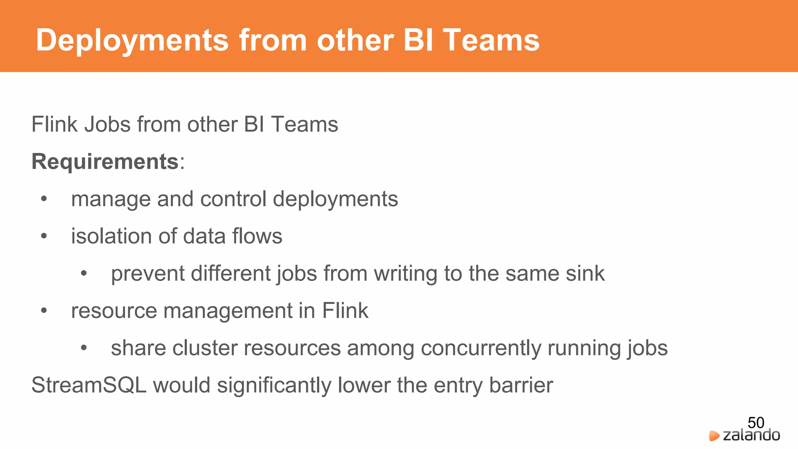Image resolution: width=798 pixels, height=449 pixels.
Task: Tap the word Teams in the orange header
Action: [x=491, y=40]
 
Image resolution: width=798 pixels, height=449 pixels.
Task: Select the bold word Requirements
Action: [x=105, y=161]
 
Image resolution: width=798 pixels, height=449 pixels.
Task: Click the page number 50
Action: [x=756, y=422]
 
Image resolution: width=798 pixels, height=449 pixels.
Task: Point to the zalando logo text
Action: [x=751, y=435]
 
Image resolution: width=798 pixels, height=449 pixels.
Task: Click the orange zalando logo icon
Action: [x=714, y=436]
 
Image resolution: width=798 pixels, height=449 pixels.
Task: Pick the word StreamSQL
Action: [x=89, y=385]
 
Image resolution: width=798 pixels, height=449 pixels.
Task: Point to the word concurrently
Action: [x=481, y=348]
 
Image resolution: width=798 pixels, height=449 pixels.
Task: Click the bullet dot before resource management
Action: [x=44, y=311]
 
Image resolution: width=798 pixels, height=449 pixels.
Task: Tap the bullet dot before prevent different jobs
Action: [x=84, y=274]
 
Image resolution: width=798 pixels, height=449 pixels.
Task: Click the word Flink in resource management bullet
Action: [x=345, y=311]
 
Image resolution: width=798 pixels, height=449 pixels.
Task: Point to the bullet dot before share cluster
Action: [x=84, y=348]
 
